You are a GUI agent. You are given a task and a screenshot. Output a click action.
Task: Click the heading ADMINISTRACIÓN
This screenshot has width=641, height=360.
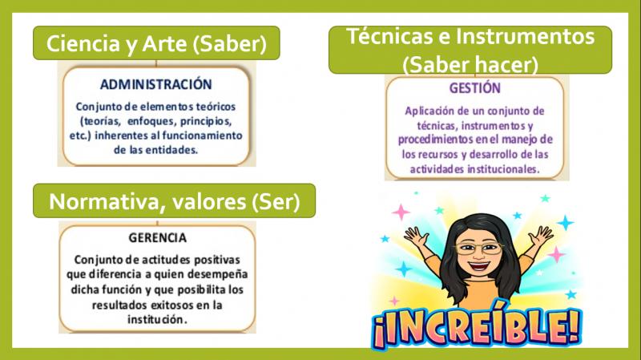155,84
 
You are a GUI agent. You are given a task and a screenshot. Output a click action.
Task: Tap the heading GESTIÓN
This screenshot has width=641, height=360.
474,88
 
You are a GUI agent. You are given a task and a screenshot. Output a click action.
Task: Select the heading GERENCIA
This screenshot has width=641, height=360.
157,237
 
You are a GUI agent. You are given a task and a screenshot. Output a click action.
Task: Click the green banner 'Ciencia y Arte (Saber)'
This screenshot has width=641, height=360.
156,43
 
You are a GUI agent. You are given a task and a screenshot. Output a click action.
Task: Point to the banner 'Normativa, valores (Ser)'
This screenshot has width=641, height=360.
174,200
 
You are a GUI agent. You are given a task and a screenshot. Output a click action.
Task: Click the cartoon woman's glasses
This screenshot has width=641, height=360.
478,248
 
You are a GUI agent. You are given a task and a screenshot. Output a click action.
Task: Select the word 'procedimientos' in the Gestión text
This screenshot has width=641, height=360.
436,140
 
